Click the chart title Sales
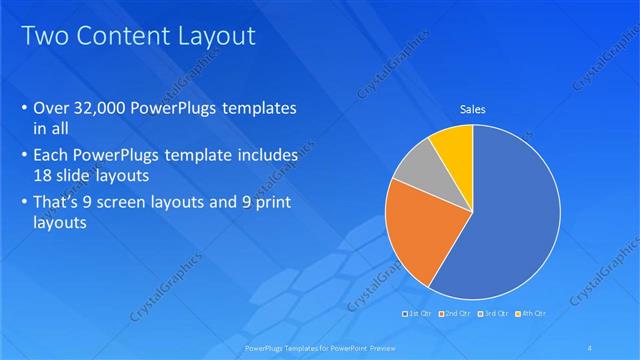[472, 109]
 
